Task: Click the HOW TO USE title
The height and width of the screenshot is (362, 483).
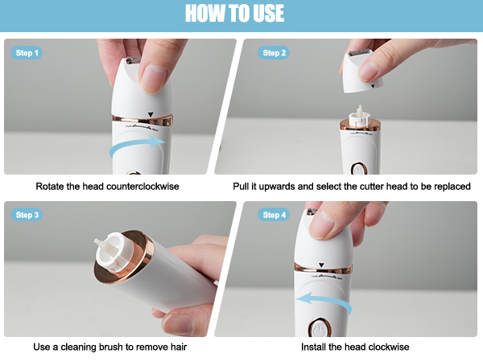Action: pos(234,14)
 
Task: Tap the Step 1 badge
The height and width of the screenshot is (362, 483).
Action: pos(27,52)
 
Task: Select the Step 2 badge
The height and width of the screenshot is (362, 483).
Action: pos(274,52)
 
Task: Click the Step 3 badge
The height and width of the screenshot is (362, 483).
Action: pos(27,215)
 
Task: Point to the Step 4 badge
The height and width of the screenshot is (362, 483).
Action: pos(274,215)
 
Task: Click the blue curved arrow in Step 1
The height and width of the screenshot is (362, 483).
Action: pos(135,143)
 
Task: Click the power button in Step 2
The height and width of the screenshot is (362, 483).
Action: pos(359,169)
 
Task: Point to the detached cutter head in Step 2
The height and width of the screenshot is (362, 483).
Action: pos(361,72)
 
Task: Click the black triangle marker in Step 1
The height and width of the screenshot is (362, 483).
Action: pos(151,114)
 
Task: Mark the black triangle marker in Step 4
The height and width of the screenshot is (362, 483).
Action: pos(321,265)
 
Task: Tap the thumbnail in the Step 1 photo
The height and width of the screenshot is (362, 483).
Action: pos(154,78)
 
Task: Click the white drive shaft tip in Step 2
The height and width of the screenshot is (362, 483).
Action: pos(360,110)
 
